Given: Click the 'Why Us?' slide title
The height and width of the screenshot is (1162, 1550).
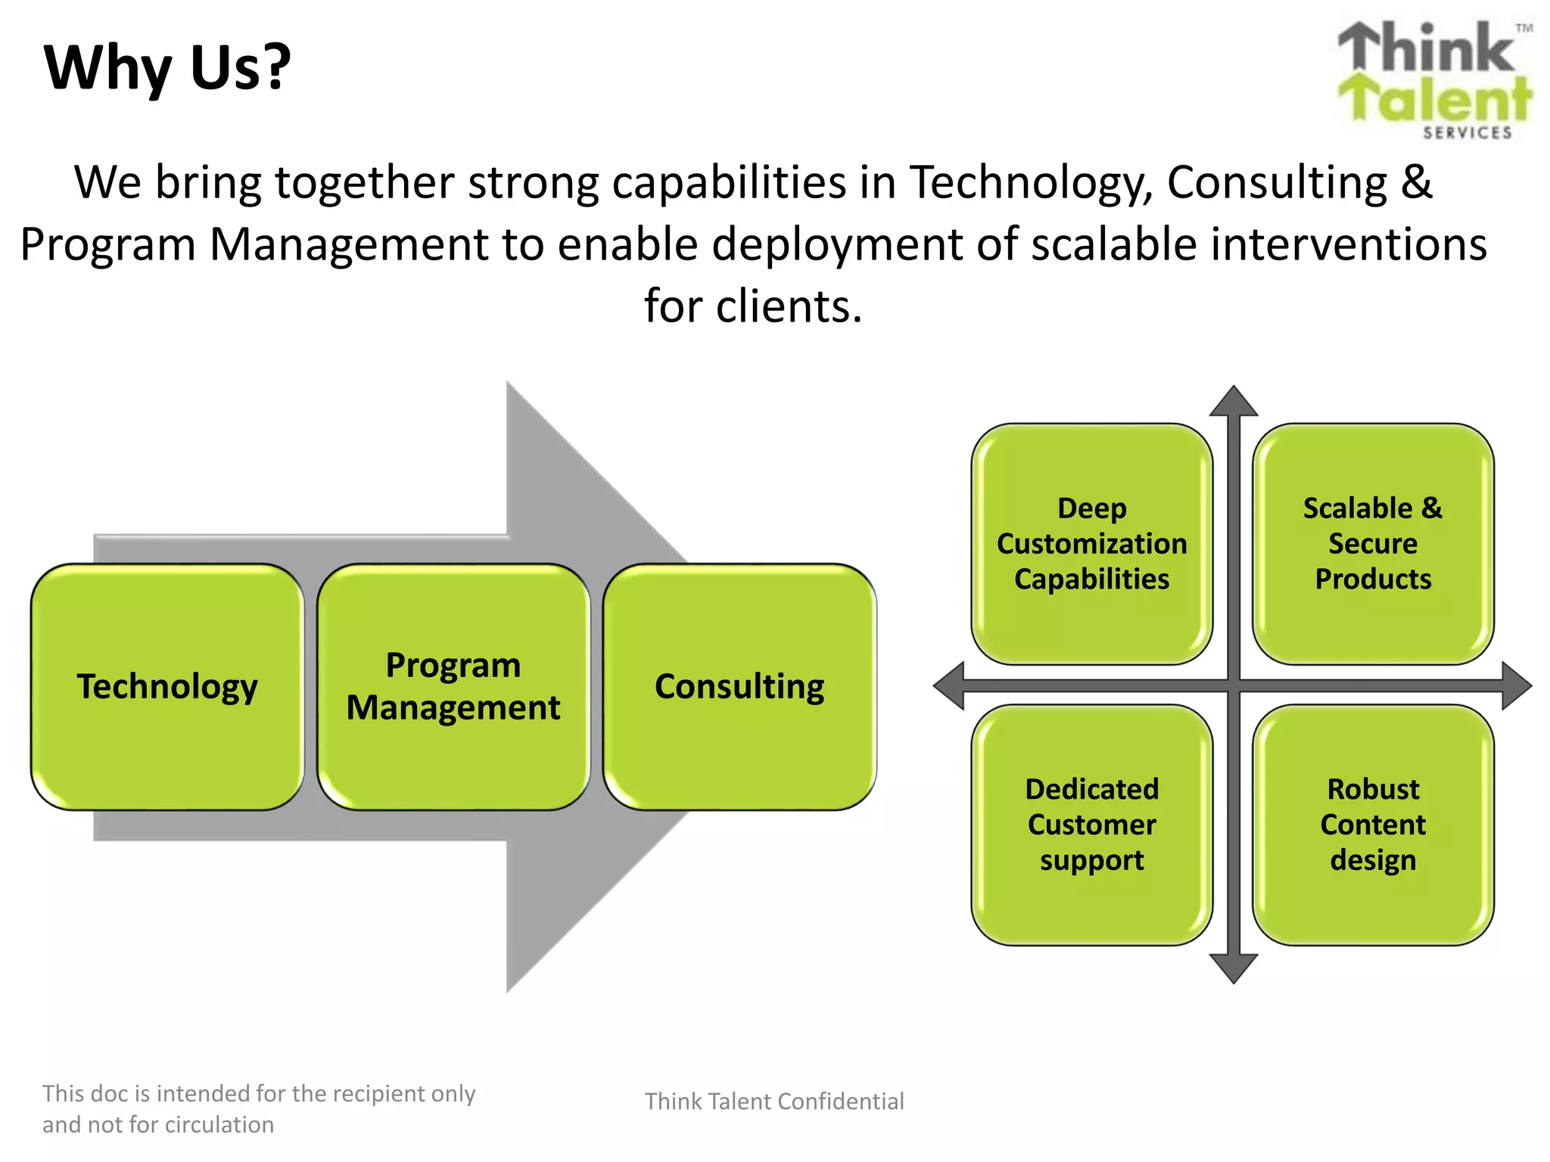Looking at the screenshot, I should coord(167,68).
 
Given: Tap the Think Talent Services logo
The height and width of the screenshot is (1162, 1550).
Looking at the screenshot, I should coord(1435,79).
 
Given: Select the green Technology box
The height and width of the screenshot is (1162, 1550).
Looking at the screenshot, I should coord(167,687).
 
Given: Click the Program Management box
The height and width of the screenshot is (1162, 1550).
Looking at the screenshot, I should coord(453,687).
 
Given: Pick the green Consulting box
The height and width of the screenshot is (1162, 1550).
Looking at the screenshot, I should coord(739,687).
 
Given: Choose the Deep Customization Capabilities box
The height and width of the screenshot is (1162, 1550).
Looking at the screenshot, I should coord(1091,543).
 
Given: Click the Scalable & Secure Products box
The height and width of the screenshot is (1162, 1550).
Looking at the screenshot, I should coord(1373,543).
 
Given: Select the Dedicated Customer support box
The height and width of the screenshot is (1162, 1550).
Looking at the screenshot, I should coord(1091,825).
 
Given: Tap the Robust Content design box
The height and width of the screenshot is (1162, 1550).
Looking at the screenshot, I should coord(1373,825).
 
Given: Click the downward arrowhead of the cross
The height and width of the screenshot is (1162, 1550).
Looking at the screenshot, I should coord(1234,968).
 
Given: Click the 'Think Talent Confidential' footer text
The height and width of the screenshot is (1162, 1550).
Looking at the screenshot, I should coord(774,1101).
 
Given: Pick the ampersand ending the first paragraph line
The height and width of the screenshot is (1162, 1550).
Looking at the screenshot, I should coord(1416,183).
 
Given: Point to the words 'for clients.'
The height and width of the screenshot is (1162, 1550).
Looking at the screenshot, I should coord(753,306).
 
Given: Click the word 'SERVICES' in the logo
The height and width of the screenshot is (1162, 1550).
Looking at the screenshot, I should coord(1467,133).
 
